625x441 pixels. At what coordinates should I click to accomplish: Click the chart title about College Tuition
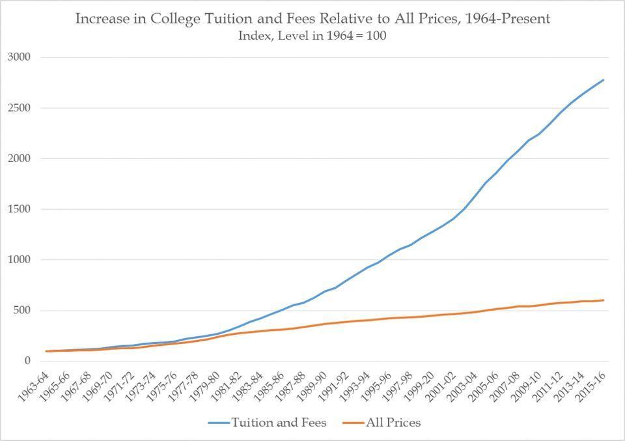[312, 18]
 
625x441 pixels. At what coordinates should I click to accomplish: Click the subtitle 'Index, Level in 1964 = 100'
[312, 36]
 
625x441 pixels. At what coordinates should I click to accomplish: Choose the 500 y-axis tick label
[22, 310]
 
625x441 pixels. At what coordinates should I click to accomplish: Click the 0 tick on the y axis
[28, 361]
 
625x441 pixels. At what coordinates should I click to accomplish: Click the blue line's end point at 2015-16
[604, 80]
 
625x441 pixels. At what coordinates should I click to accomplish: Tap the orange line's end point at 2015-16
[604, 300]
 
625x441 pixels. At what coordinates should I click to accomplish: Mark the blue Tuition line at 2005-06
[497, 173]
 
